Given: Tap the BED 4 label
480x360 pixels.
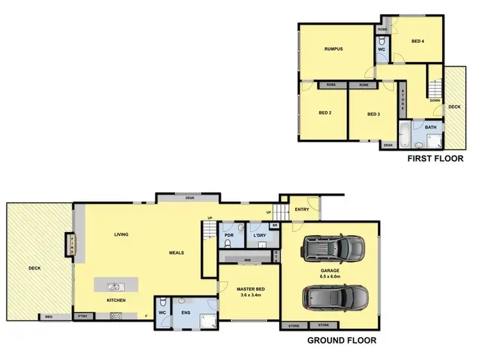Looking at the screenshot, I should coord(417,42).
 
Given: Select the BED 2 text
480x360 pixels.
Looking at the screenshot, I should coord(325,114).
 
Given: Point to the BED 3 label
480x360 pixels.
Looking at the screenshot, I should coord(374,114).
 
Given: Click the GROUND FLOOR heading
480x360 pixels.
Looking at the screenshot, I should coord(342,341).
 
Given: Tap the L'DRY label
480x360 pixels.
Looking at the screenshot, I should coord(260,235).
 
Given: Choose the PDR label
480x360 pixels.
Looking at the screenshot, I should coord(230,235).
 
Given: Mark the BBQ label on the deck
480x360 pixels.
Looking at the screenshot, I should coord(49,317).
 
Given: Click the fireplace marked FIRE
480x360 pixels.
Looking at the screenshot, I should coord(72,246).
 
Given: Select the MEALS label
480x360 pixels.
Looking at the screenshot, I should coord(176,253).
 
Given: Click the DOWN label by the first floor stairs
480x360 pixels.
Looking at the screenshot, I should coord(435,100).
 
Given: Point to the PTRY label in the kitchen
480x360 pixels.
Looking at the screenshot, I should coord(83,316).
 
